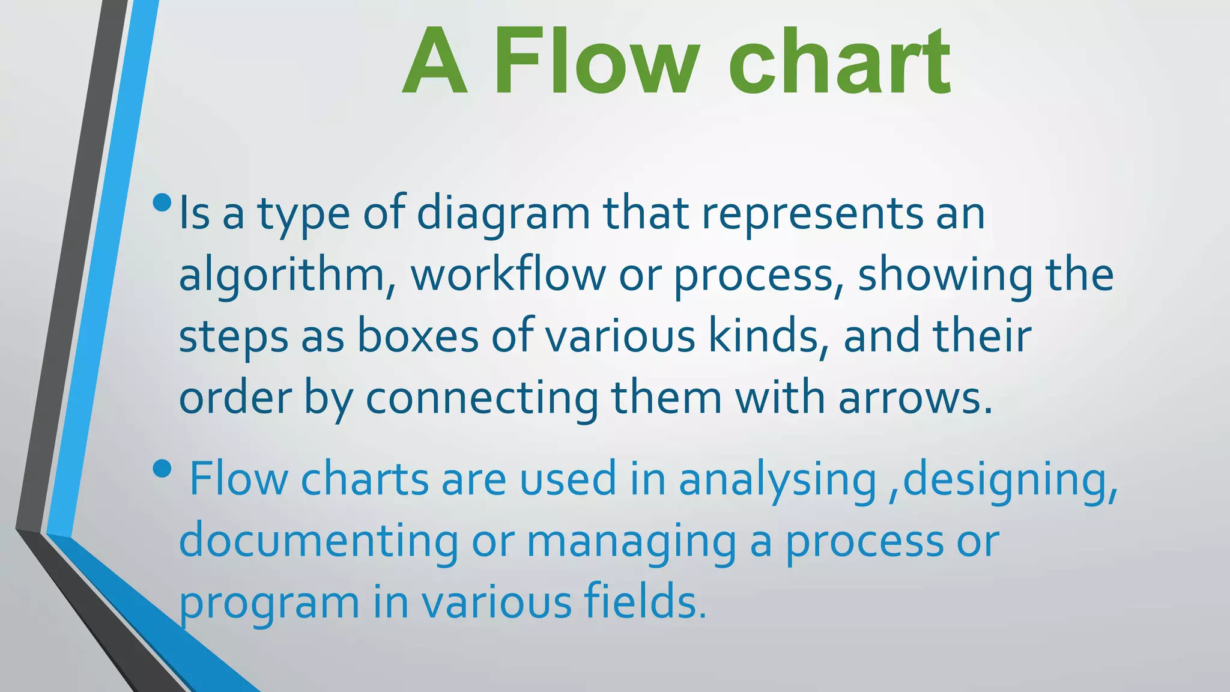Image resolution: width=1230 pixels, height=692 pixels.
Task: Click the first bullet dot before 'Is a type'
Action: (162, 202)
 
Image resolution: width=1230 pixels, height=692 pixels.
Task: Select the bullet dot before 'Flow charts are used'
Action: (162, 469)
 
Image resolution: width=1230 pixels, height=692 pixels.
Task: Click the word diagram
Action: (503, 214)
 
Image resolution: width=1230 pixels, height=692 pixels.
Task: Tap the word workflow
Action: (508, 276)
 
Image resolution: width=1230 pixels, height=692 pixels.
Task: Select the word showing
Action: (945, 276)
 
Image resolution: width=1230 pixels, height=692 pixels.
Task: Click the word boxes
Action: (417, 336)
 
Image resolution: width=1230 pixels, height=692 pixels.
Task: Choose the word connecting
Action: (482, 398)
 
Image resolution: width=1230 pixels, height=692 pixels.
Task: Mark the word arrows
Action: (915, 398)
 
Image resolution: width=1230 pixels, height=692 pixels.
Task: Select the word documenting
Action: (318, 541)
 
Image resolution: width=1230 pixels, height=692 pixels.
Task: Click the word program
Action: (269, 602)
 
